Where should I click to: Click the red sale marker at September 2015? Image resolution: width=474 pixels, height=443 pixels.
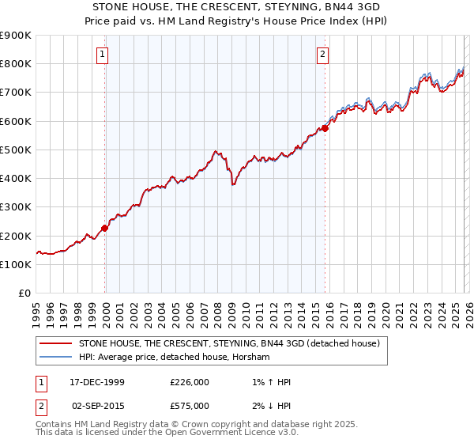[x=325, y=128]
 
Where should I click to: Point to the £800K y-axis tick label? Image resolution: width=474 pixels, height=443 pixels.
[x=16, y=64]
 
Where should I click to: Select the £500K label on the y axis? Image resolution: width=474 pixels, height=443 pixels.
[x=16, y=150]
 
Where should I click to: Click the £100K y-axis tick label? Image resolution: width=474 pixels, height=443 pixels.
[x=16, y=265]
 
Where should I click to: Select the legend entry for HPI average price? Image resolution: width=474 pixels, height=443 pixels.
[x=174, y=358]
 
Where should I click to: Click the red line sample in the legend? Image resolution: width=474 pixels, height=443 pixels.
[x=55, y=344]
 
